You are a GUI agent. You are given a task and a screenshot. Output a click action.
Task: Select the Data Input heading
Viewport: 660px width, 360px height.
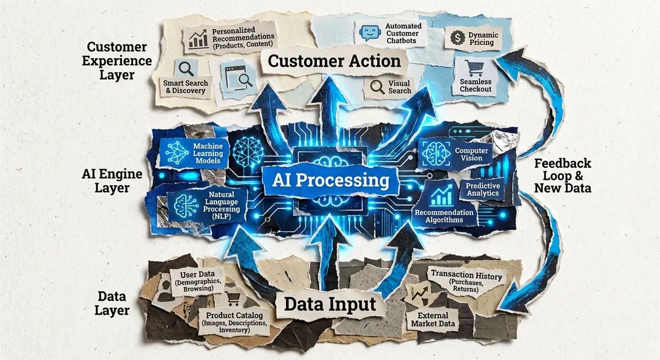[330, 304]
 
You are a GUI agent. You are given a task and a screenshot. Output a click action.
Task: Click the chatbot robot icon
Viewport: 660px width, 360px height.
[368, 34]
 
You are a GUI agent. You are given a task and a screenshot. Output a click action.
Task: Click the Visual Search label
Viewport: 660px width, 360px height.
[400, 87]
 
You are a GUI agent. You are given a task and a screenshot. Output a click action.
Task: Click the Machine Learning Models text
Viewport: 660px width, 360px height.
[208, 150]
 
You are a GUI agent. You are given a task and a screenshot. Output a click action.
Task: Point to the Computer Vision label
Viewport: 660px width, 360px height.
[468, 154]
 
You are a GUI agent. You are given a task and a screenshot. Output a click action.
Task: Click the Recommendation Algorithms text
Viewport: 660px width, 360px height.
[444, 216]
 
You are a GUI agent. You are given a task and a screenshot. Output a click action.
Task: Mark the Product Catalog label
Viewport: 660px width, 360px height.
[237, 323]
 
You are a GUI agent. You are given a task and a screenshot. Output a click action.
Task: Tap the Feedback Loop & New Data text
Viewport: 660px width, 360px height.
[562, 175]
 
